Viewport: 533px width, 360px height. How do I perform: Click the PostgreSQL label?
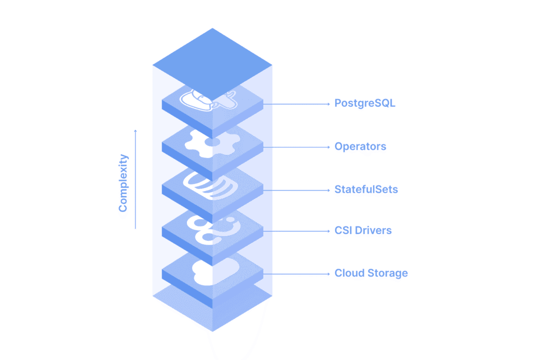point(364,103)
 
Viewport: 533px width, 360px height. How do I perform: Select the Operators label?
point(360,146)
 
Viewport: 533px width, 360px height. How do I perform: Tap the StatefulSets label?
point(366,190)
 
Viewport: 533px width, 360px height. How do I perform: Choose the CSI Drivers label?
point(363,230)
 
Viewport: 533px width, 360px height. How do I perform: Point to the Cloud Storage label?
point(371,273)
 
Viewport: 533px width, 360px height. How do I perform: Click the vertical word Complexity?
point(123,183)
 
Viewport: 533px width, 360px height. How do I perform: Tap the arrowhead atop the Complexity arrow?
point(135,131)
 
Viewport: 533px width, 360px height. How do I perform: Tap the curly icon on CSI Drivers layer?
point(211,229)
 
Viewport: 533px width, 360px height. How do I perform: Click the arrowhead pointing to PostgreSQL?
point(329,104)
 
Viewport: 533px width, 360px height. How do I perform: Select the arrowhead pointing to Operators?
point(329,147)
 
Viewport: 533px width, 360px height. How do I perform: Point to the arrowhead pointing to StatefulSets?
point(329,190)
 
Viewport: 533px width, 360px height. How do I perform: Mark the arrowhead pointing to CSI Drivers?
point(329,231)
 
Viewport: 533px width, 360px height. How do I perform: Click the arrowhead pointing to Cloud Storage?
point(329,274)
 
